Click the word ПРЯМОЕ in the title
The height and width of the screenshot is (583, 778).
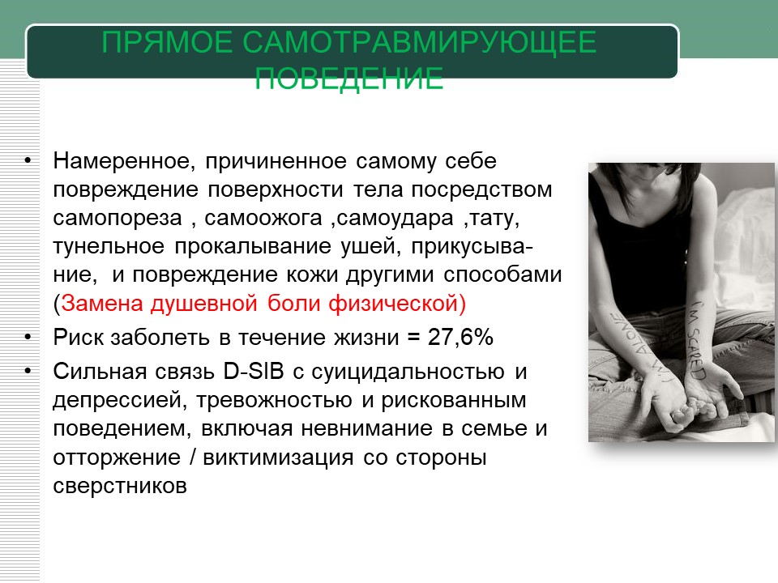[167, 41]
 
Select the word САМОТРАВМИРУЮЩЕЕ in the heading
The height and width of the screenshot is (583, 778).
[419, 41]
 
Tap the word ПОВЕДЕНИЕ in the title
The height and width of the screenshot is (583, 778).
[348, 78]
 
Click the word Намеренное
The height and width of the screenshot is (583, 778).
[123, 161]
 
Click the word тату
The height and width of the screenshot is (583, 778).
[494, 218]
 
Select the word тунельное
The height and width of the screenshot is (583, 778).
[109, 247]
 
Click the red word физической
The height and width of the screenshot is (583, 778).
[392, 304]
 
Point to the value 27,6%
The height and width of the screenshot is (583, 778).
[460, 337]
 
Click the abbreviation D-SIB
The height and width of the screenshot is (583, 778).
[254, 372]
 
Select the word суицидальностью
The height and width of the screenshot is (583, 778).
[408, 372]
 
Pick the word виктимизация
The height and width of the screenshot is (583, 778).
[278, 457]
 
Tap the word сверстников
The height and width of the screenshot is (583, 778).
[120, 486]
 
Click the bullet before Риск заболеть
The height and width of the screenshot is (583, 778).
[28, 337]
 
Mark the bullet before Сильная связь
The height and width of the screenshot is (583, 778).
[28, 372]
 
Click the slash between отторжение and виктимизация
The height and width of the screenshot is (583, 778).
[192, 457]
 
